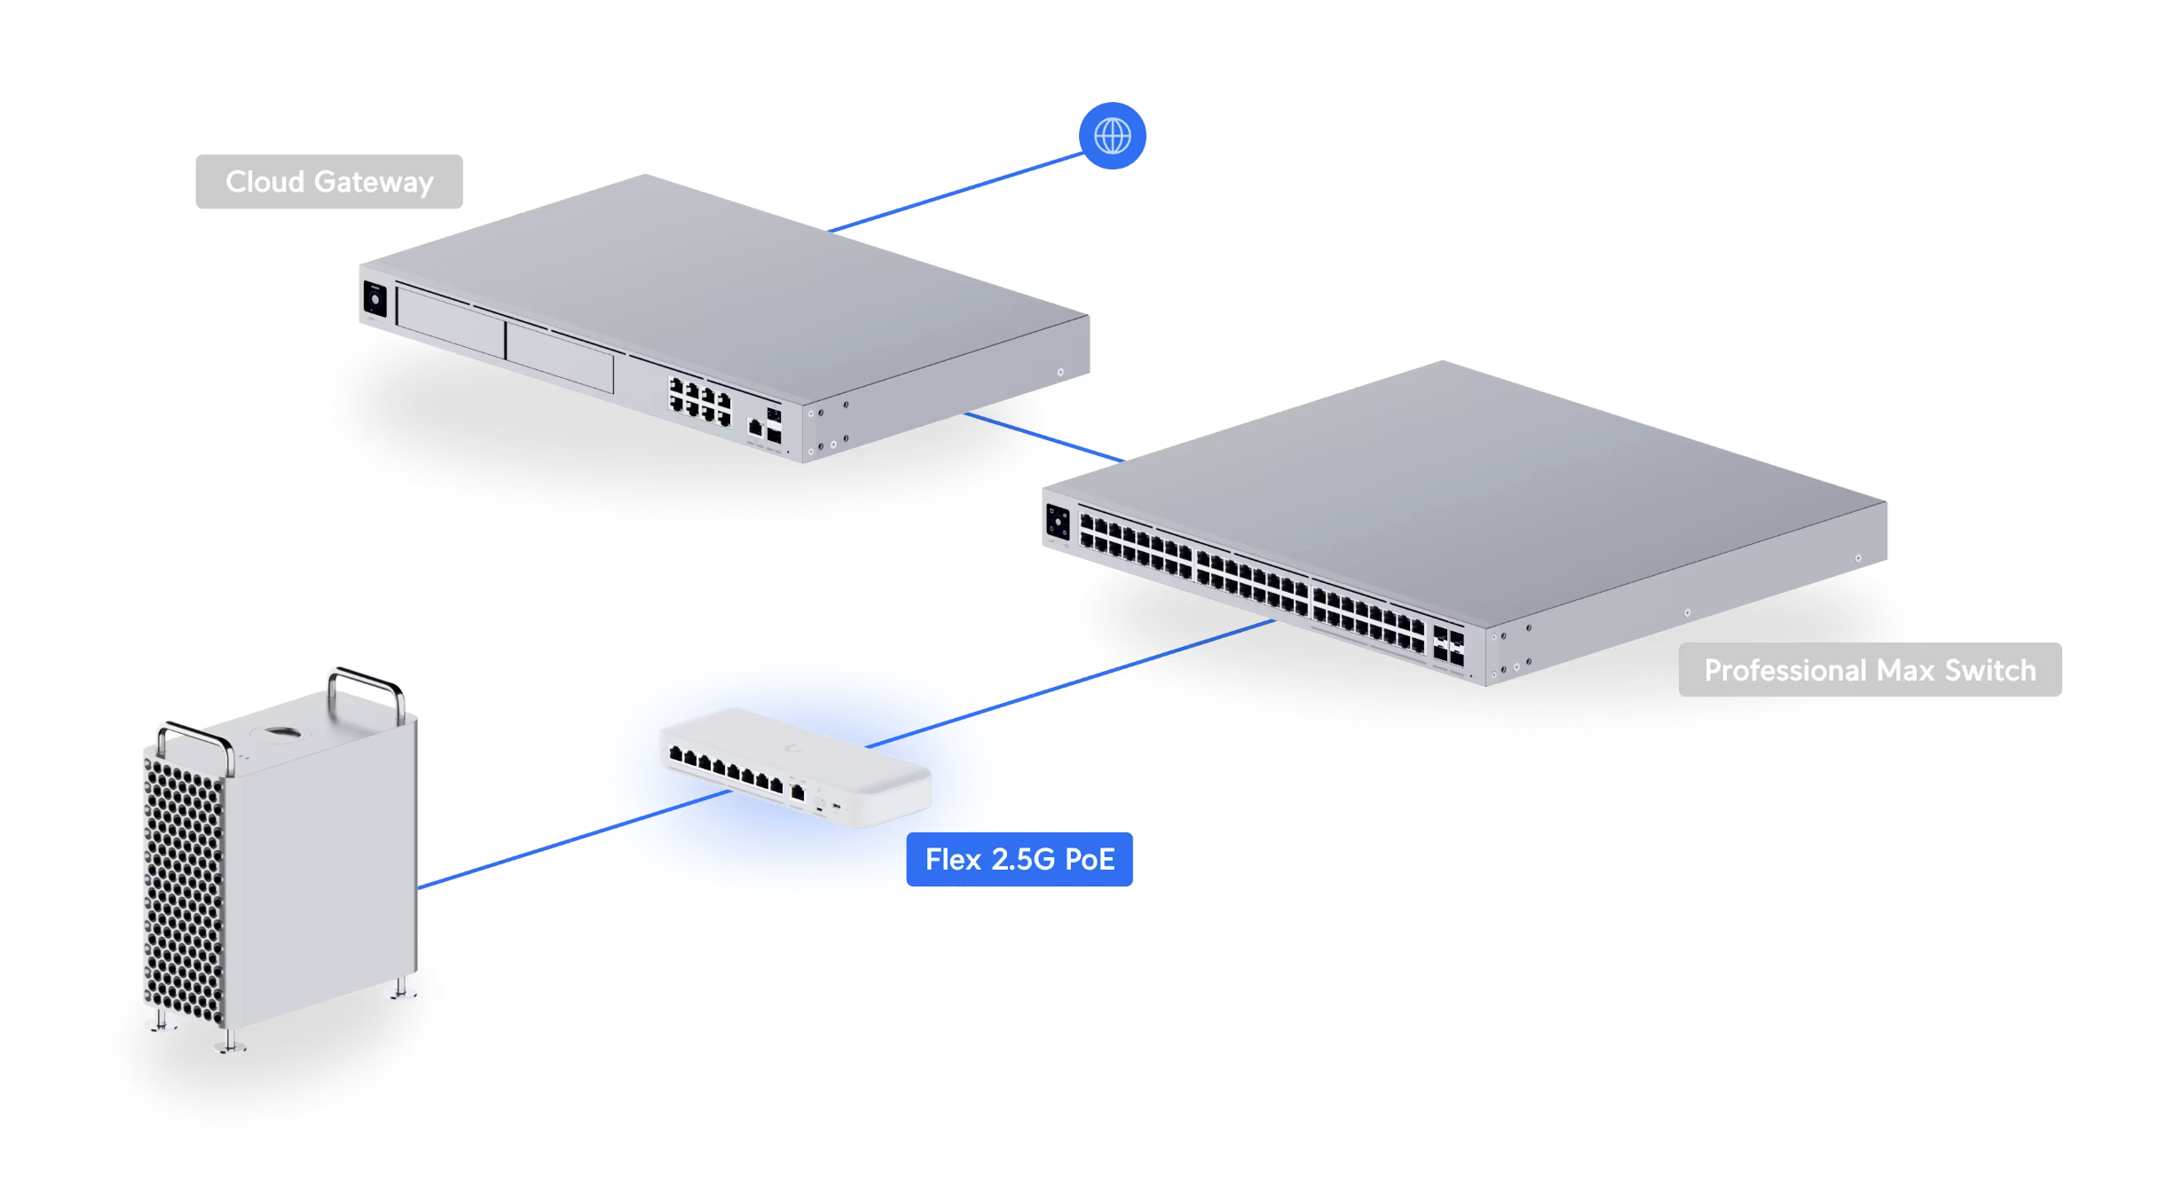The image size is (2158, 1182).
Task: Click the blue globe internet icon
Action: point(1112,136)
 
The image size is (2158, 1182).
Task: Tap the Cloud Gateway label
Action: point(328,182)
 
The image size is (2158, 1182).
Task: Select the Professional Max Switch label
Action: point(1870,670)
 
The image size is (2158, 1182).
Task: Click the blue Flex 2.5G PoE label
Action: point(1019,859)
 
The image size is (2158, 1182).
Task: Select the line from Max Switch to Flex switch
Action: point(1065,685)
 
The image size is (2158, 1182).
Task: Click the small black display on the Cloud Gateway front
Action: point(374,299)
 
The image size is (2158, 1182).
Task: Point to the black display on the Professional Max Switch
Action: point(1058,522)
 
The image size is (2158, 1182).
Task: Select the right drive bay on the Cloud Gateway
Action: point(559,358)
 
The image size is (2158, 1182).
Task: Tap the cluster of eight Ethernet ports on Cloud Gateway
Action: point(700,400)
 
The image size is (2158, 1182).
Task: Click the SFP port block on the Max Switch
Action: point(1448,646)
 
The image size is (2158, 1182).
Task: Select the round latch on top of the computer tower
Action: point(280,732)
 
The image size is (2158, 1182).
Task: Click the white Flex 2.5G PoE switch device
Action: point(794,765)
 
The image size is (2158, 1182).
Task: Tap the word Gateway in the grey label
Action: point(374,182)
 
